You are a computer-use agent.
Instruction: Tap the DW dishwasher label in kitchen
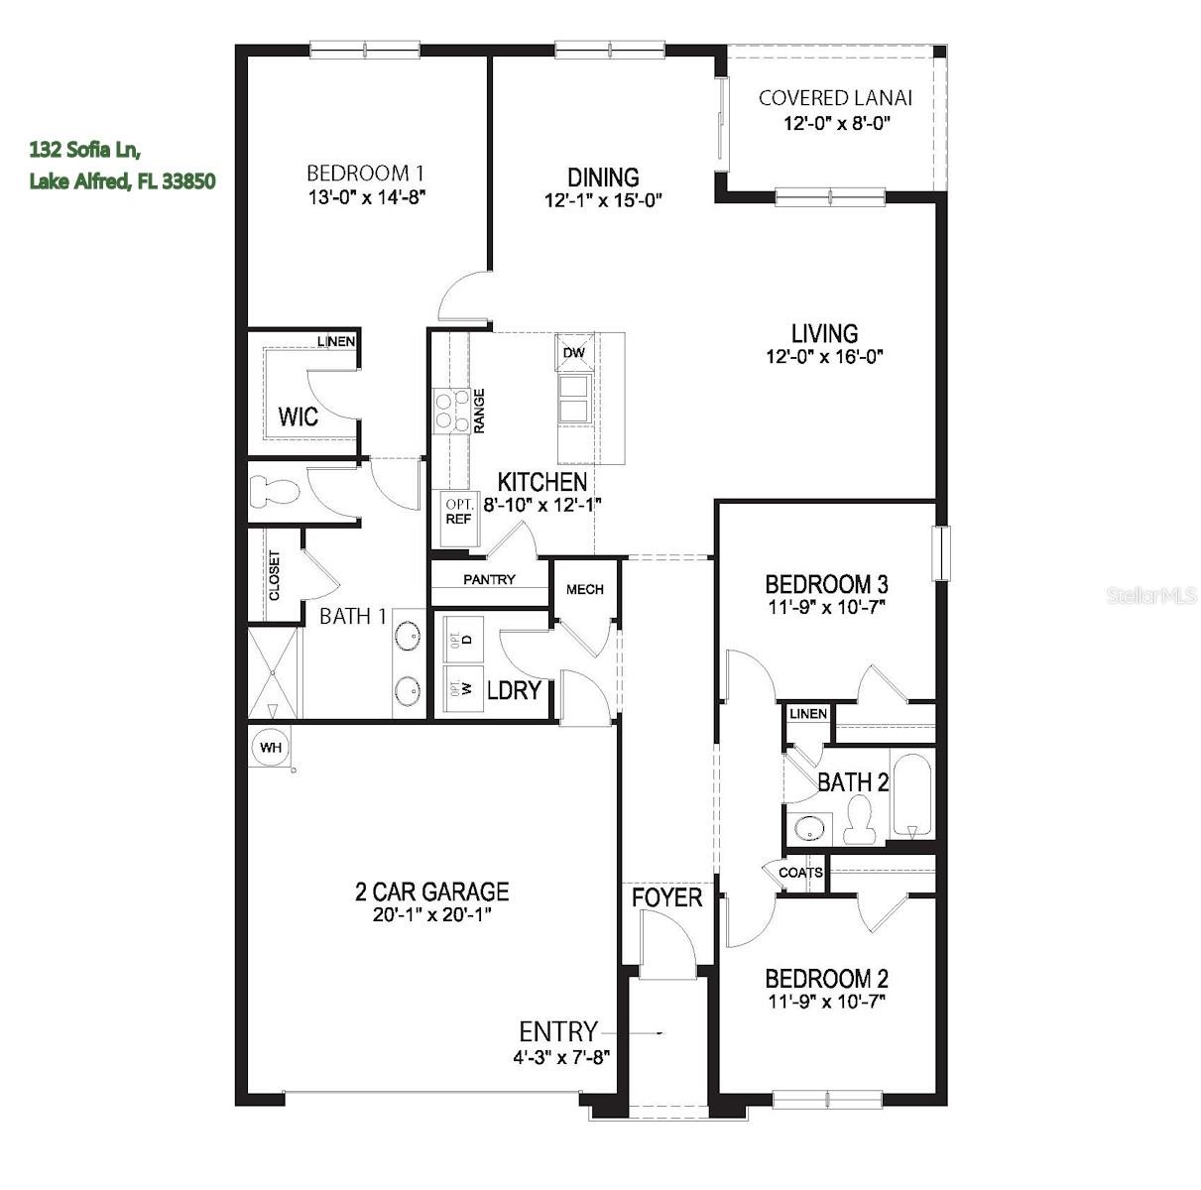573,353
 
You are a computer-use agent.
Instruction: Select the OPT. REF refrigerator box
458,512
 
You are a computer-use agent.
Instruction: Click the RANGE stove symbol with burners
452,410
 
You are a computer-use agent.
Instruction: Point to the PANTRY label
489,579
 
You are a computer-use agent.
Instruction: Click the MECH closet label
584,589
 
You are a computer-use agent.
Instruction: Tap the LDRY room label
513,690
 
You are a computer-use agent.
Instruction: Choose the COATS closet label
800,873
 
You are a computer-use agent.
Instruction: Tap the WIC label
298,416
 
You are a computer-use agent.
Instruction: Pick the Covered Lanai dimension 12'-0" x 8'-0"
837,124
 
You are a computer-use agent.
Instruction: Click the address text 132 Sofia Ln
85,150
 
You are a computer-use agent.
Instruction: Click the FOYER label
667,897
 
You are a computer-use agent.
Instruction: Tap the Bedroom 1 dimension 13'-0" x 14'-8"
367,197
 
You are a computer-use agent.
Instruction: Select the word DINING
603,178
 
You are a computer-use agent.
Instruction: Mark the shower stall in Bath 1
273,672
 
